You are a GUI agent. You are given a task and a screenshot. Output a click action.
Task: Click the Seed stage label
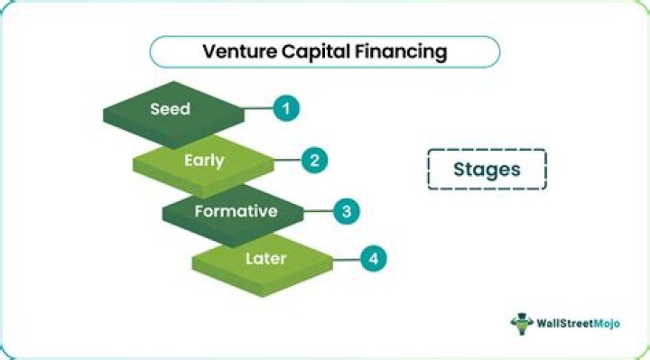pos(171,109)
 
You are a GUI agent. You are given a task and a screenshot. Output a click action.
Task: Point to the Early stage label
pos(203,161)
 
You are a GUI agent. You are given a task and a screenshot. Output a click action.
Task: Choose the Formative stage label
pos(236,211)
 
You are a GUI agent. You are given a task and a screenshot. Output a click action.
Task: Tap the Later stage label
pos(265,259)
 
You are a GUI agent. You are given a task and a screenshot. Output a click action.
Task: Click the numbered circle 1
pos(287,109)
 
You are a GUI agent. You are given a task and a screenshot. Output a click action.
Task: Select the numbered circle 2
pos(315,162)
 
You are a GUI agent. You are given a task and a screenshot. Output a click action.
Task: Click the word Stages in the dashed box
pos(487,169)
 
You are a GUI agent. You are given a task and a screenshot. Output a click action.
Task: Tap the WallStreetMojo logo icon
pos(521,323)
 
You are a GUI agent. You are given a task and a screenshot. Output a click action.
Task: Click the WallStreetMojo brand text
pos(580,324)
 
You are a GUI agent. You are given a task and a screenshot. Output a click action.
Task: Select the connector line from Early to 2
pos(287,162)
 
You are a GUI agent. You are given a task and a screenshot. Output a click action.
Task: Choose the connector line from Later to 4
pos(346,260)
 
